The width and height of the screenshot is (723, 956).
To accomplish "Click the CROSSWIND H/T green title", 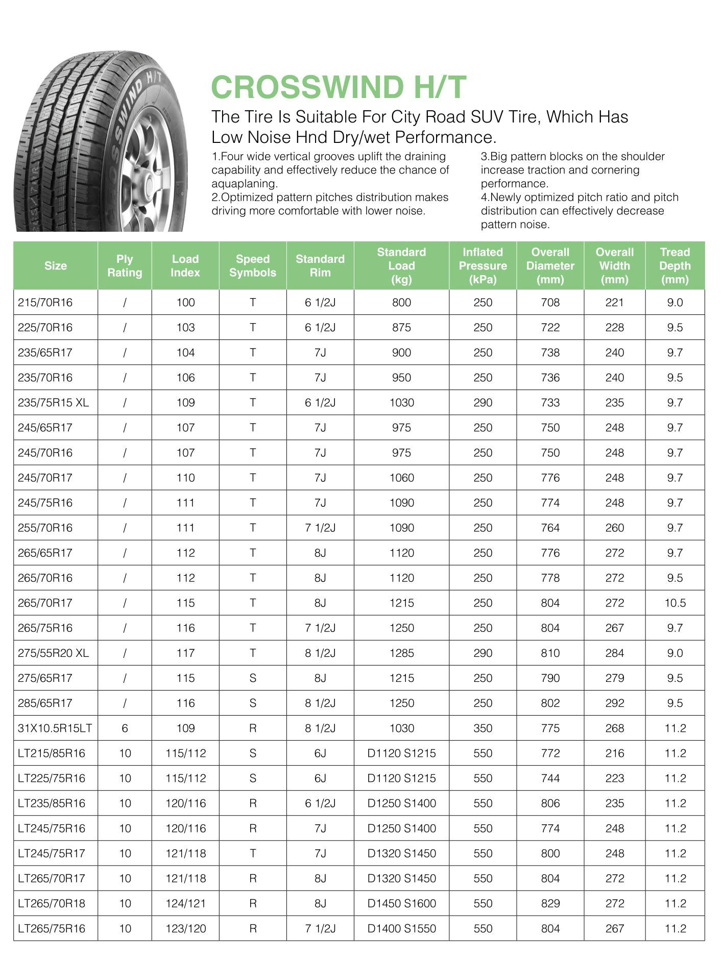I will [x=339, y=87].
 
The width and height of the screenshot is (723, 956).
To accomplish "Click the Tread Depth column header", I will [x=674, y=265].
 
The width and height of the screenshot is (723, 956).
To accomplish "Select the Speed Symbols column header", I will [x=252, y=265].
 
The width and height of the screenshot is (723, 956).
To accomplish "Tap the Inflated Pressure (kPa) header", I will [x=483, y=265].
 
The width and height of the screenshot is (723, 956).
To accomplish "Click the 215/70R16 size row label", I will [x=45, y=303].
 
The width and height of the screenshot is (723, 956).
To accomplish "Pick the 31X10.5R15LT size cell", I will [x=55, y=728].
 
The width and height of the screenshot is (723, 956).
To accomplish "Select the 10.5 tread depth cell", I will [x=674, y=603].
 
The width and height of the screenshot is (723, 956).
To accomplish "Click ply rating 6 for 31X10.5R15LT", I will [x=125, y=728].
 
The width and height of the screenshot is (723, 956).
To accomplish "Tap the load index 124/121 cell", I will [x=185, y=903].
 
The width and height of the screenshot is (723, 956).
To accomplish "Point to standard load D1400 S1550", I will [x=401, y=928].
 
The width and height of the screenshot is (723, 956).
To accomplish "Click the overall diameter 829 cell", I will [x=550, y=903].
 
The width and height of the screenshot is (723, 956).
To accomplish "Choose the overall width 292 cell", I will [x=614, y=703].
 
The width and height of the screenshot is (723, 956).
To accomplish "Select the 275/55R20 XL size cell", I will [x=53, y=653].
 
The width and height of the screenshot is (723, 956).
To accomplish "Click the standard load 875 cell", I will [x=401, y=328].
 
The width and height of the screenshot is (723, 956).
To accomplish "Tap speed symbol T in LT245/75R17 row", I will [x=252, y=853].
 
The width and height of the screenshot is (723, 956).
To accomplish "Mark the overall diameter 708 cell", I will [x=550, y=303].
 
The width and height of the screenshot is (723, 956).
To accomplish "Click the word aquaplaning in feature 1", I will [x=244, y=184].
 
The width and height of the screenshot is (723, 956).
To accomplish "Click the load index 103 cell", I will [x=185, y=328].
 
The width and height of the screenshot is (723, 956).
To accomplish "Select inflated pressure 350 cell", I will [x=483, y=728].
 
